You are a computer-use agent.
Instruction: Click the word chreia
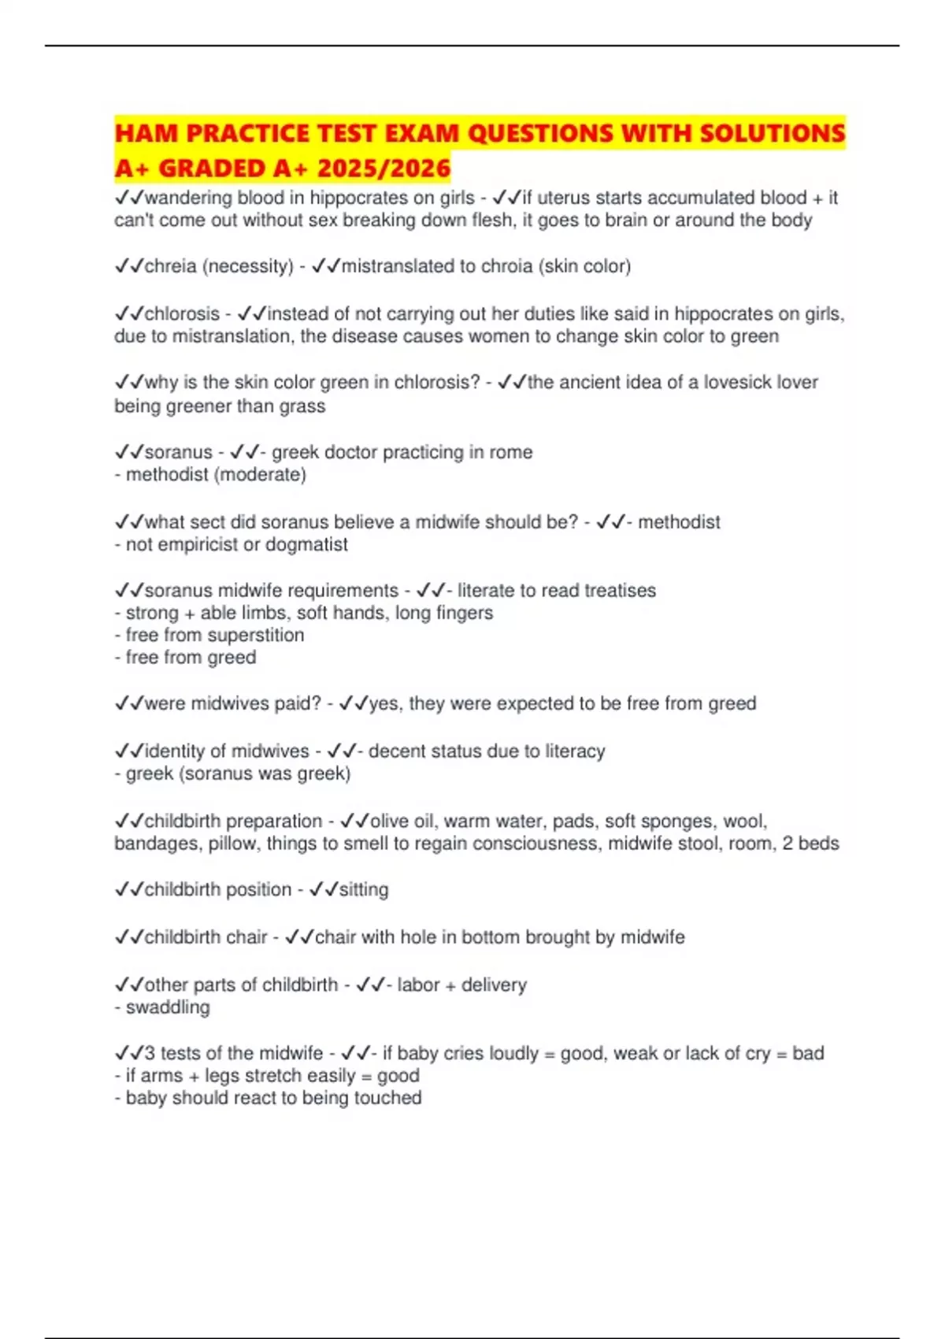(x=170, y=266)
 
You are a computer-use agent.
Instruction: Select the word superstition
(x=255, y=635)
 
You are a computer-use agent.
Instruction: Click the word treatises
(x=619, y=590)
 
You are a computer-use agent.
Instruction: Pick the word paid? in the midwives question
(x=298, y=703)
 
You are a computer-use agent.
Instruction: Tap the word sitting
(x=364, y=889)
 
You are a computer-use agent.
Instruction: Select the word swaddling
(x=168, y=1007)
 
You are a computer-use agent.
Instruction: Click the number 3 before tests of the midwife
(x=150, y=1053)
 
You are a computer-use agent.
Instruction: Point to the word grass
(x=302, y=406)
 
